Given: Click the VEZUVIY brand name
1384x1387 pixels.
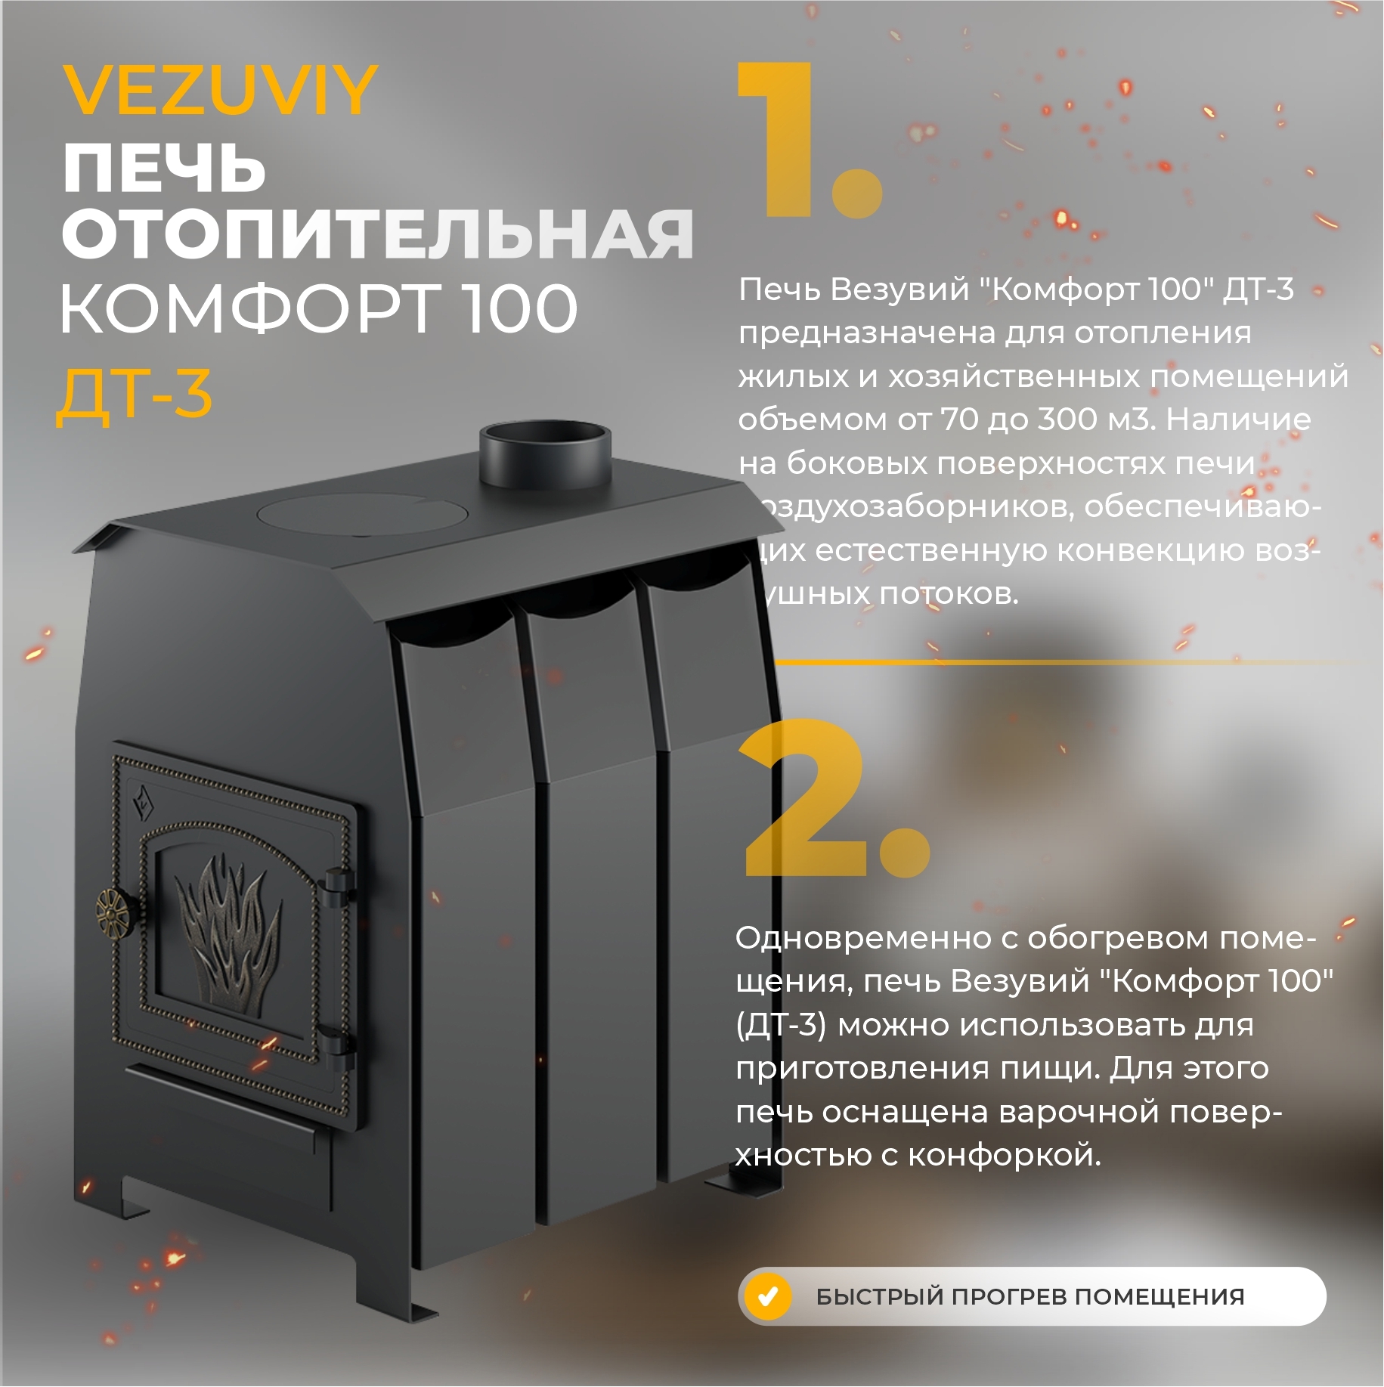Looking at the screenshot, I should (x=219, y=91).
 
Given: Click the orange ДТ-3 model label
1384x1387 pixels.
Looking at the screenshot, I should (x=135, y=395).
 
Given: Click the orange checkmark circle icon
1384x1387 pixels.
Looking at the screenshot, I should (x=767, y=1297).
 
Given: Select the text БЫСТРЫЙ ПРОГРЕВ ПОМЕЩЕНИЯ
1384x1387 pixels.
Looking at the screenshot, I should (x=1029, y=1297).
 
